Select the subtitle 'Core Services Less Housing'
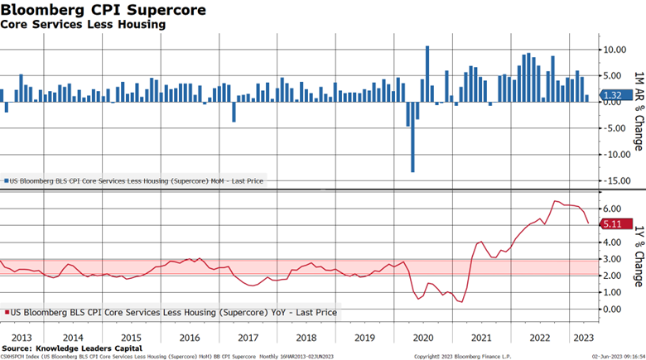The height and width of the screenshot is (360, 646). pyautogui.click(x=83, y=25)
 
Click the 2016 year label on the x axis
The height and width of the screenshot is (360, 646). pyautogui.click(x=190, y=338)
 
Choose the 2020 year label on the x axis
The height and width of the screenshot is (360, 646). pyautogui.click(x=423, y=338)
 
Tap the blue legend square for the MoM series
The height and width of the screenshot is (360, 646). pyautogui.click(x=6, y=180)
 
